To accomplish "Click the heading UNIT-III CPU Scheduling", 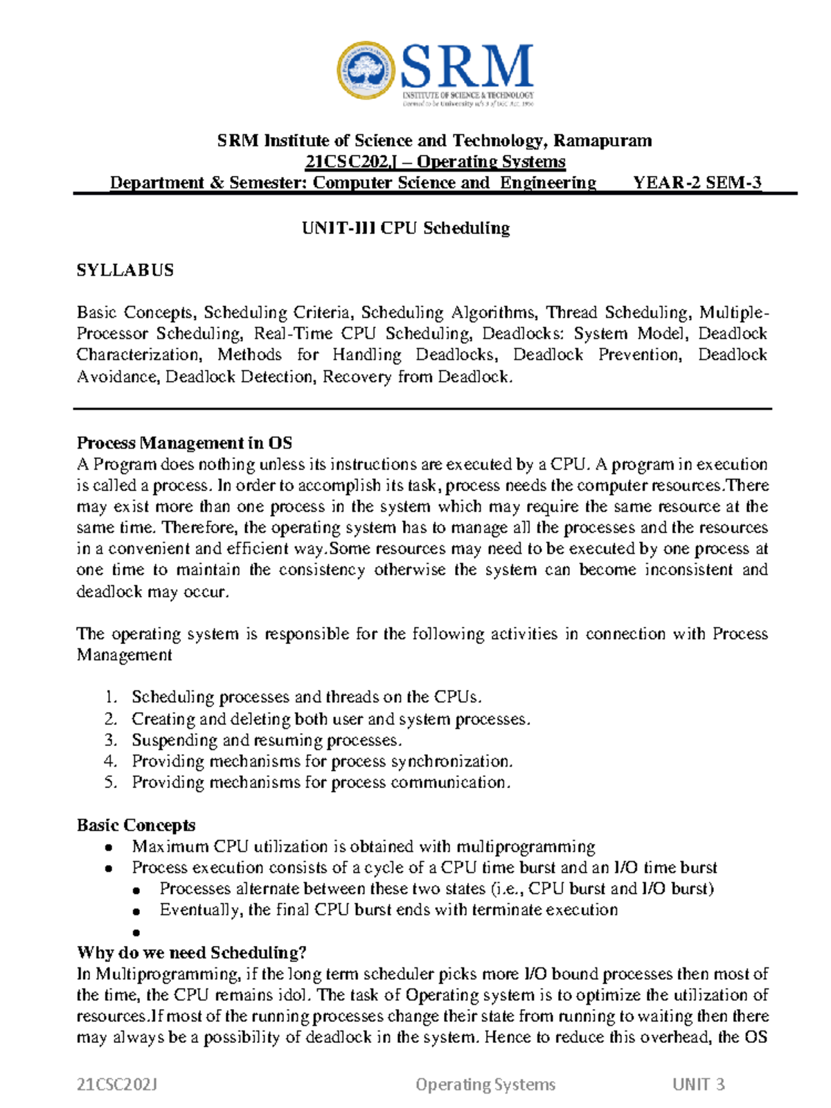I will coord(406,228).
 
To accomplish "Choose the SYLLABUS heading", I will coord(125,270).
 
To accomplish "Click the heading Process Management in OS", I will coord(184,443).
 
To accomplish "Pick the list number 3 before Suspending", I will coord(111,740).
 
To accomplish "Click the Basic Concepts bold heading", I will coord(136,825).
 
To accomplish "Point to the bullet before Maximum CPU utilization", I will coord(108,848).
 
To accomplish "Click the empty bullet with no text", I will coord(136,933).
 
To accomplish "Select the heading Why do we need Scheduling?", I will coord(192,953).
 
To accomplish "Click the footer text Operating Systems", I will coord(485,1084).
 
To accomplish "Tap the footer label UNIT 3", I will coord(698,1084).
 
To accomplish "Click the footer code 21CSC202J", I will coord(117,1084).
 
